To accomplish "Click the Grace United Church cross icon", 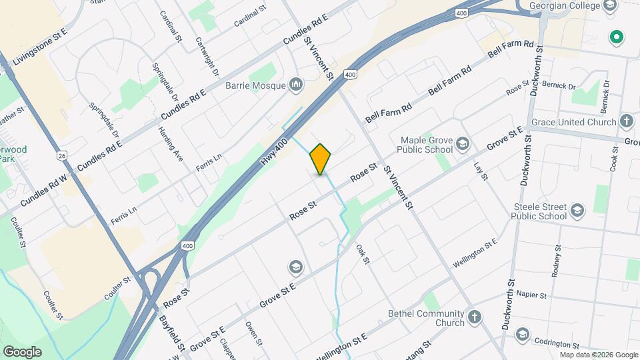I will tap(626, 122).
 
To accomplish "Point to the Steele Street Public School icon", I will tap(577, 211).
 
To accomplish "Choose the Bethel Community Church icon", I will tap(474, 317).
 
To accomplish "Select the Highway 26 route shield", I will tap(63, 155).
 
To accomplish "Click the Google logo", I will tap(22, 351).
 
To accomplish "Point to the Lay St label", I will tap(481, 171).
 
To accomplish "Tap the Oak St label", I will tap(363, 253).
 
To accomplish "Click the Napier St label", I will tap(531, 295).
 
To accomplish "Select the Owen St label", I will tap(254, 333).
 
